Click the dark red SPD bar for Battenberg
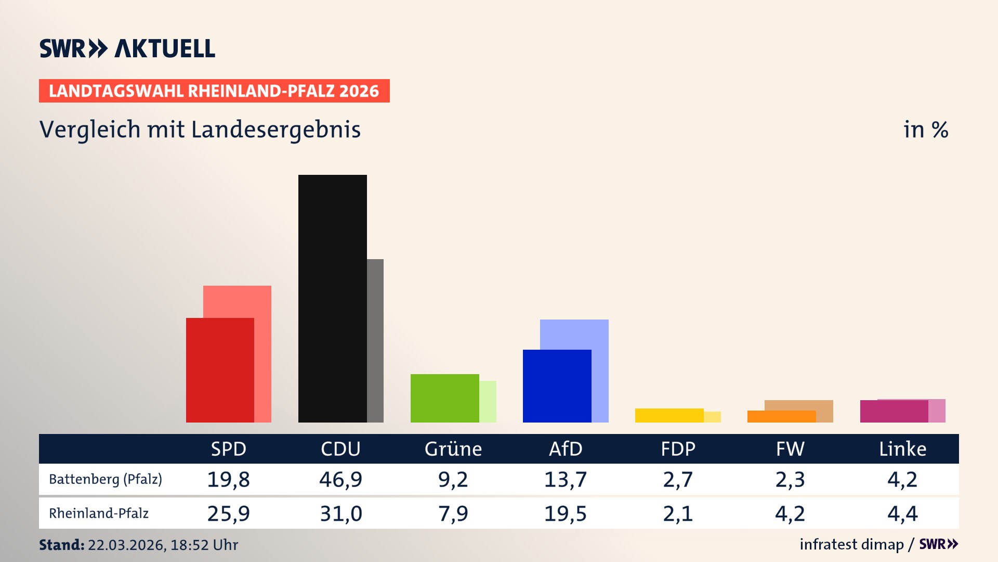tap(220, 370)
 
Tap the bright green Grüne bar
tap(444, 398)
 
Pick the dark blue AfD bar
tap(557, 386)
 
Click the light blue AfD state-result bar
tap(574, 334)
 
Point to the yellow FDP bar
tap(669, 415)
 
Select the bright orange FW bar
tap(781, 416)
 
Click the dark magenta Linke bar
tap(894, 411)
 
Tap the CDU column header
tap(340, 449)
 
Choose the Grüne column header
tap(453, 449)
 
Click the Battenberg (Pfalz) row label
tap(106, 479)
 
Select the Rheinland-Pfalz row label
tap(99, 513)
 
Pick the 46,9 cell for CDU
tap(340, 479)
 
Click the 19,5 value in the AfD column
tap(565, 514)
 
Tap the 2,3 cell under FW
tap(790, 479)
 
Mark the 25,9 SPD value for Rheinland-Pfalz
tap(228, 514)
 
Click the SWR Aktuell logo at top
tap(127, 48)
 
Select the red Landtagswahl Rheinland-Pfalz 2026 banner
tap(214, 91)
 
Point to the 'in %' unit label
tap(925, 130)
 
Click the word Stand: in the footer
tap(61, 545)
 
